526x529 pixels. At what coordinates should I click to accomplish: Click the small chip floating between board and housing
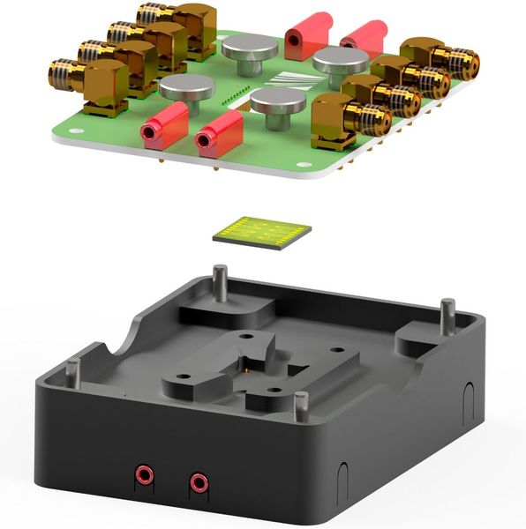point(262,231)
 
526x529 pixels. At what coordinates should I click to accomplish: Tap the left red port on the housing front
point(144,477)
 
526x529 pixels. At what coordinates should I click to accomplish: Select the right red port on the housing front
point(199,482)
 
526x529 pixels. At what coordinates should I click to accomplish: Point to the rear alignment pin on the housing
point(221,280)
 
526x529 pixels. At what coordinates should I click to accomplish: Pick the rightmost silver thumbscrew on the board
point(341,63)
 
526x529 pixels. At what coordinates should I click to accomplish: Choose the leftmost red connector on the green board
point(165,124)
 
